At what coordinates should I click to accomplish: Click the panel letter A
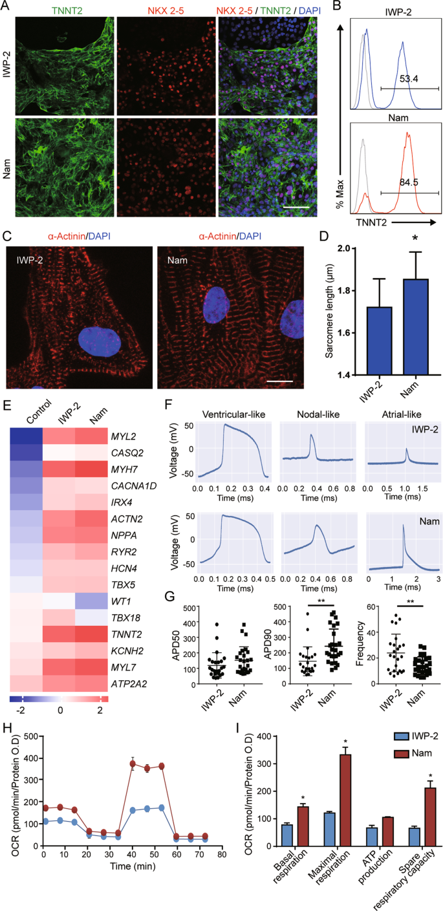(7, 7)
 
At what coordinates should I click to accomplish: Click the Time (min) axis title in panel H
(117, 901)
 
